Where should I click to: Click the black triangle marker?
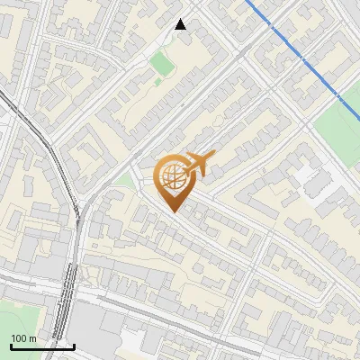click(181, 24)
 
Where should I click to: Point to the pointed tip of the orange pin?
click(173, 211)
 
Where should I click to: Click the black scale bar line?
click(42, 346)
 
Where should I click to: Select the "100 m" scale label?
click(24, 338)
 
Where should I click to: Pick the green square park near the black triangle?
click(161, 64)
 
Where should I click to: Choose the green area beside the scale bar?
click(18, 315)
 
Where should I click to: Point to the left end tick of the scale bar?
click(11, 345)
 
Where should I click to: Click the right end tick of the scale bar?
click(74, 345)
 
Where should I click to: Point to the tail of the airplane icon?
click(184, 170)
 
